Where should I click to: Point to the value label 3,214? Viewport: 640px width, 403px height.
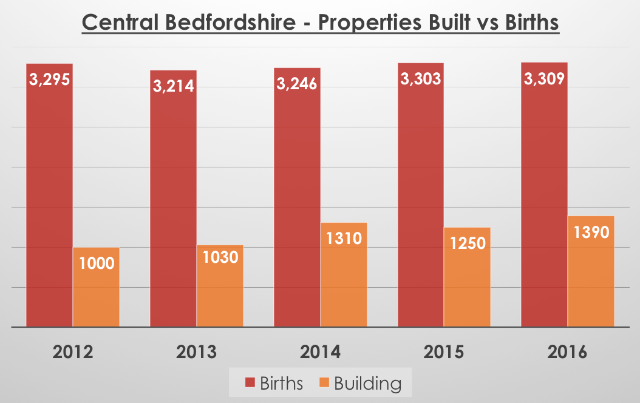pos(173,86)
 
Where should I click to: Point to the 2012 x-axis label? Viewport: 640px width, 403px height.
pos(72,353)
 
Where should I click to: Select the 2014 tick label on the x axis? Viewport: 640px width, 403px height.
pos(320,353)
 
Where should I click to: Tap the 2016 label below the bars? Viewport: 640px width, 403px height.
pos(567,353)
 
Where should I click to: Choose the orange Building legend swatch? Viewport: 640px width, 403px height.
pos(324,384)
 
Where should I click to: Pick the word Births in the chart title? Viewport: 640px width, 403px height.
pos(527,24)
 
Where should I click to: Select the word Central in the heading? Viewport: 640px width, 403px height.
pos(116,24)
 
